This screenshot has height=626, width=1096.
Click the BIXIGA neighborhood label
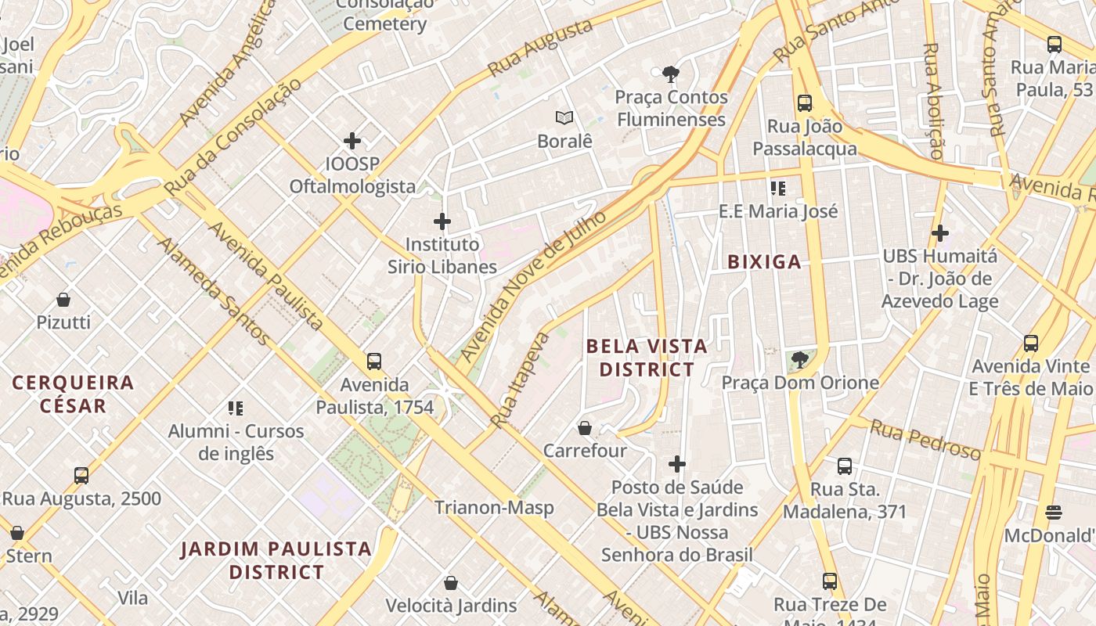pos(764,262)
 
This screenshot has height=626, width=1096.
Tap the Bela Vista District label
pos(646,357)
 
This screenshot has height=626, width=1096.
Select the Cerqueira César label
pos(73,394)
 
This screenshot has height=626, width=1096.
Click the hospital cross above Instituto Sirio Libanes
pos(442,221)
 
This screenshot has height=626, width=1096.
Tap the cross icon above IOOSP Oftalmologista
pos(352,141)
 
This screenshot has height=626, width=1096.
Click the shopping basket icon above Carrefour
pos(585,428)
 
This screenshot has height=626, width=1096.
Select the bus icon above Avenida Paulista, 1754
pos(374,362)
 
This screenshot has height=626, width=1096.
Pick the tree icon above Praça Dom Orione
pos(799,360)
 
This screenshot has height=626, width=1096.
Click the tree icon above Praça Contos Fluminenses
pos(670,74)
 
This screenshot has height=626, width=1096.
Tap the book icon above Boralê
pos(564,118)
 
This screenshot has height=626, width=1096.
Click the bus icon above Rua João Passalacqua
pos(805,103)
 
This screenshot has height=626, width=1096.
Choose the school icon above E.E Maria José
pos(778,188)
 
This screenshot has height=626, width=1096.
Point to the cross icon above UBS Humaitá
pos(940,232)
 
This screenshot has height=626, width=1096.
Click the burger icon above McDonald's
pos(1054,513)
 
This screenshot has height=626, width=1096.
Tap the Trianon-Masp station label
pos(494,507)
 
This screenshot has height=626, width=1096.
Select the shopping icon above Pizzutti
pos(63,300)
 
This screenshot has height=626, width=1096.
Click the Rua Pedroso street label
pos(925,440)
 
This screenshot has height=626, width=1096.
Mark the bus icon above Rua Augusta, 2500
pos(81,476)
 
